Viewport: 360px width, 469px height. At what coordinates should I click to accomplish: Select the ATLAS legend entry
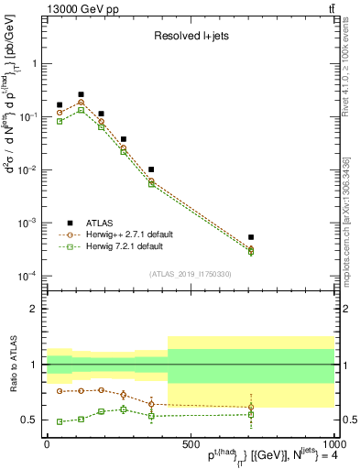tap(102, 223)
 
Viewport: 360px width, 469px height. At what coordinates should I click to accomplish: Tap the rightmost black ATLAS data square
tap(251, 237)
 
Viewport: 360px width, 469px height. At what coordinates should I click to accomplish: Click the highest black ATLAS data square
tap(81, 94)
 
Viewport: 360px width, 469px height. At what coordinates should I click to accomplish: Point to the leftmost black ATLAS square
tap(60, 105)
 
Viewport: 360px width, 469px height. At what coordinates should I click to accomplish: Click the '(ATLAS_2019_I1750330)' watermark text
tap(190, 274)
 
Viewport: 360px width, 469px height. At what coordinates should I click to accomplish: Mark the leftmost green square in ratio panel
tap(60, 421)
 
